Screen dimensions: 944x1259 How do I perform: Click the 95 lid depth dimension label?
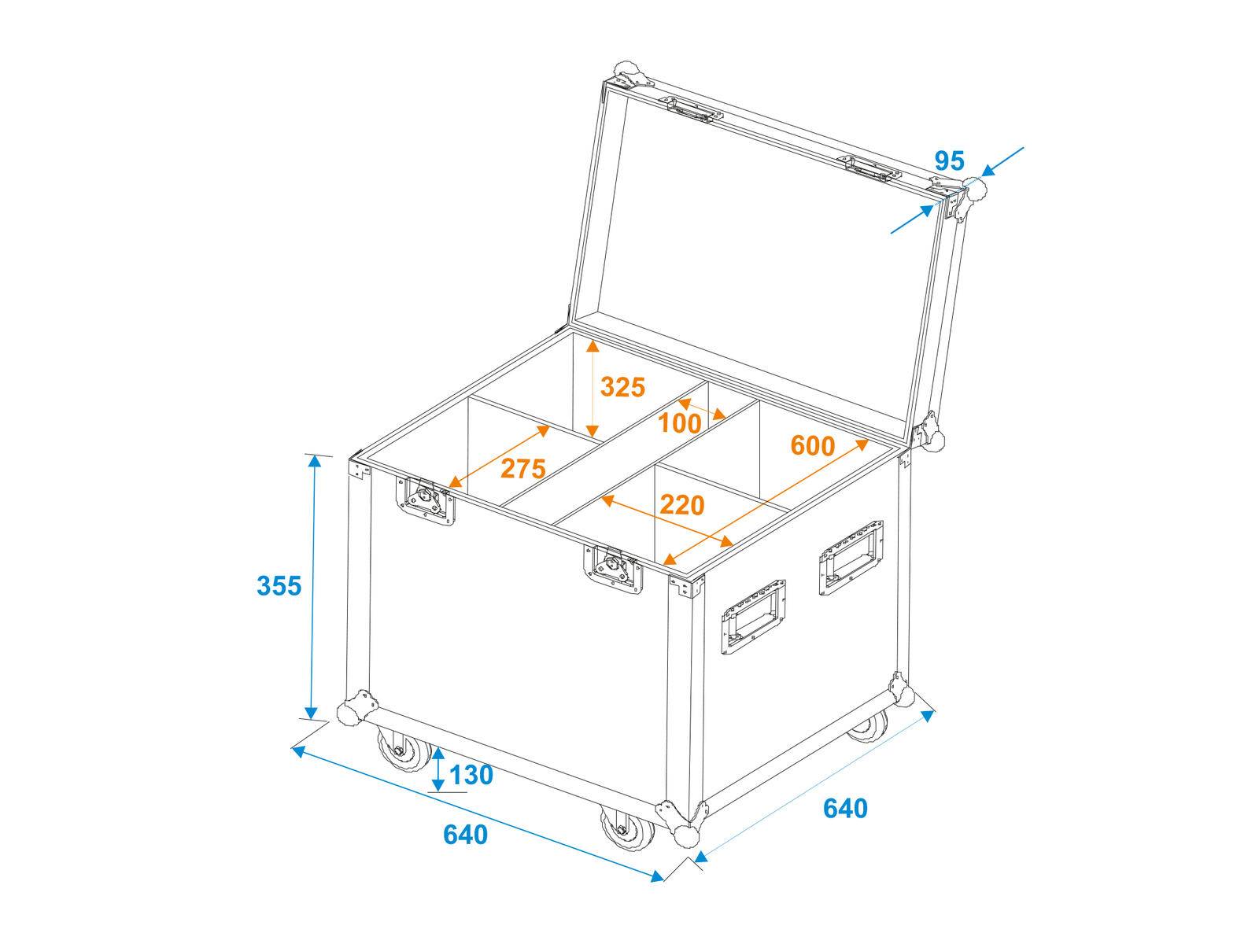point(949,160)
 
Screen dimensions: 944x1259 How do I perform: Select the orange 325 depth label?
point(622,387)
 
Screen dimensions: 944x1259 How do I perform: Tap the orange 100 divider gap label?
point(680,423)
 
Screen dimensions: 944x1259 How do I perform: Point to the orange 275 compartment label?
point(523,469)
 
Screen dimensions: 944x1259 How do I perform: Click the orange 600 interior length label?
point(812,446)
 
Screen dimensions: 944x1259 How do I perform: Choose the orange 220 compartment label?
point(682,505)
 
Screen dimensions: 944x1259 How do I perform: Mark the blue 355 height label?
point(279,585)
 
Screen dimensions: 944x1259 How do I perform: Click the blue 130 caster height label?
point(471,775)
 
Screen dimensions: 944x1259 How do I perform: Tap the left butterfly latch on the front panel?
point(426,500)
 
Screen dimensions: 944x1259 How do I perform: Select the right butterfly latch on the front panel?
point(613,566)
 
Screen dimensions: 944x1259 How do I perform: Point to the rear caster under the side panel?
point(867,727)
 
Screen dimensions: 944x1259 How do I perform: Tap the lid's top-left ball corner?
point(627,72)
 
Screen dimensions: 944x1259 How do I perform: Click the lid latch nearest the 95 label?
point(870,169)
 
